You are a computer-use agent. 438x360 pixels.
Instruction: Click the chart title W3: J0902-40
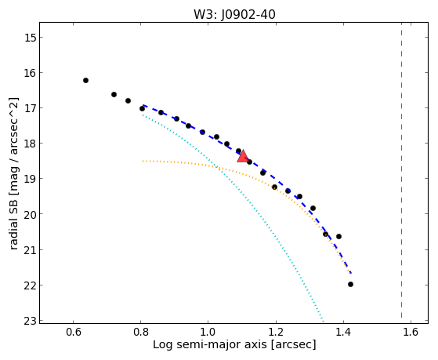click(234, 14)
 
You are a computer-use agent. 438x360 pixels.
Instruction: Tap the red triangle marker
click(243, 157)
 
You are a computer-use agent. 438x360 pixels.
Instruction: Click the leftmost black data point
click(85, 80)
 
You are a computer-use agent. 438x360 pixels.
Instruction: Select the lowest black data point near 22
click(350, 284)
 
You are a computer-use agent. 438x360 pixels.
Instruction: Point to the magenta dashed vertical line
click(402, 170)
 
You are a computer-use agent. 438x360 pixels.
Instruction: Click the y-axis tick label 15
click(30, 38)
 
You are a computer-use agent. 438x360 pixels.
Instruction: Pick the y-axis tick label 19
click(30, 179)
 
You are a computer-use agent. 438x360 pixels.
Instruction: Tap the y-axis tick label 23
click(30, 321)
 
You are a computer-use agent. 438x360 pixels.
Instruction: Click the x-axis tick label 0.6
click(73, 332)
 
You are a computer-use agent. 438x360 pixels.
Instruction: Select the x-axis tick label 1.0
click(208, 332)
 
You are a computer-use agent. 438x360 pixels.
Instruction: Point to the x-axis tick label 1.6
click(411, 332)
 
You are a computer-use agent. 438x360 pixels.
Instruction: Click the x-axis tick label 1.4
click(343, 332)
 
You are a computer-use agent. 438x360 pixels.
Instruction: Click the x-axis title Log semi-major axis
click(210, 344)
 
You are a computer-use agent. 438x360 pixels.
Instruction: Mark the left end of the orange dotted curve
click(143, 161)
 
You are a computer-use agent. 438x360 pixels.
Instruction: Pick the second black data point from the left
click(114, 95)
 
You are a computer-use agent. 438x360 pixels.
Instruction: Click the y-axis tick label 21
click(30, 249)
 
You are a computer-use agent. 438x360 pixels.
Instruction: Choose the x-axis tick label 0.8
click(141, 332)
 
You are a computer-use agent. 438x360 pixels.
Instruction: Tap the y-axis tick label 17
click(30, 108)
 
